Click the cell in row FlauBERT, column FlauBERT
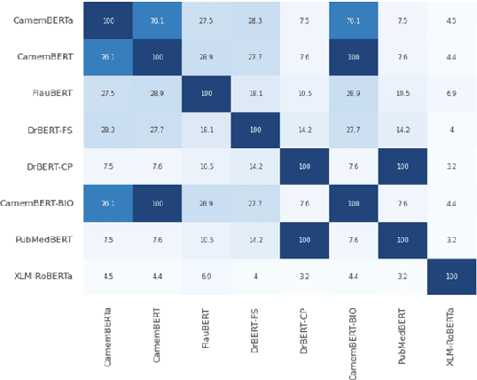pos(206,92)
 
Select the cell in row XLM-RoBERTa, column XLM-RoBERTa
pos(451,276)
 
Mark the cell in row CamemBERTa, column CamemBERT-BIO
pos(353,20)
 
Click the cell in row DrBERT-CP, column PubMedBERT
pos(403,165)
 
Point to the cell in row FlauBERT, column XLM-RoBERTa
pos(451,92)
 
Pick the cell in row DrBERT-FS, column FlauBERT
pos(206,129)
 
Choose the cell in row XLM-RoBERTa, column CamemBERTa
pos(107,276)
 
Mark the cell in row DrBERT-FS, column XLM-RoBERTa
pos(451,129)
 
